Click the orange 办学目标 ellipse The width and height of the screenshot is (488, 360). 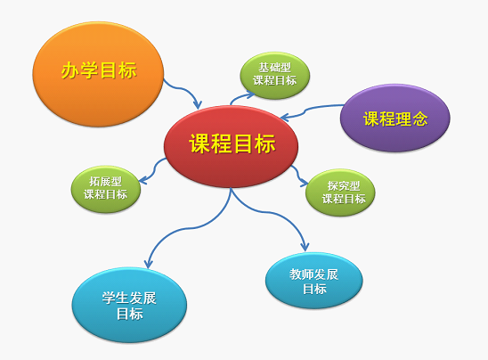(x=98, y=74)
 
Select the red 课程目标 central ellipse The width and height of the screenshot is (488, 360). (x=231, y=146)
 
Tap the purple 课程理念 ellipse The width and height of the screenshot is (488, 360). (x=395, y=118)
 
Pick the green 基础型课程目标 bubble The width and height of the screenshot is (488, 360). (x=275, y=76)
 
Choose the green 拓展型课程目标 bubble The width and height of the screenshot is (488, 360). (x=106, y=189)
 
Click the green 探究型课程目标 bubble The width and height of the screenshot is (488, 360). (x=340, y=192)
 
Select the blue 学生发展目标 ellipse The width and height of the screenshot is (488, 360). (x=129, y=305)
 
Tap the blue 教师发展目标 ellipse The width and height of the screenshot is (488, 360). (x=314, y=281)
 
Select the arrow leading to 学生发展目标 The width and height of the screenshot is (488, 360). (x=190, y=229)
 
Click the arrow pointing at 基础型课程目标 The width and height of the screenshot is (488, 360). (x=240, y=96)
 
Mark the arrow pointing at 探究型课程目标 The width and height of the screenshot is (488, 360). (x=299, y=176)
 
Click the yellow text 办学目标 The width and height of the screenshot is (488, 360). (x=99, y=70)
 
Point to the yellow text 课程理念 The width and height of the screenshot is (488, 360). (x=395, y=119)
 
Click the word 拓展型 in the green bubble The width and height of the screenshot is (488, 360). (x=105, y=181)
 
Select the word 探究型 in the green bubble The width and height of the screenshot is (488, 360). (x=344, y=185)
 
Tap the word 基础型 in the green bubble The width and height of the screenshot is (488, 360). (x=275, y=67)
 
